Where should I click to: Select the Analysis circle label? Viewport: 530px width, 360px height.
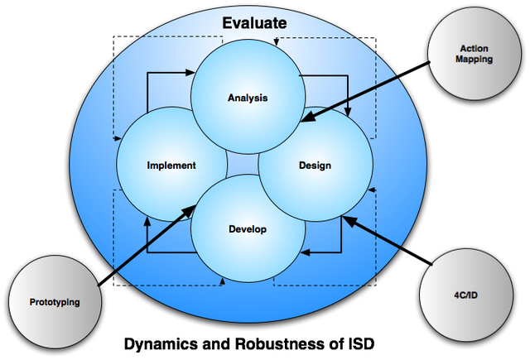click(x=248, y=98)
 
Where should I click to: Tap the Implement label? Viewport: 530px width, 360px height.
click(x=171, y=166)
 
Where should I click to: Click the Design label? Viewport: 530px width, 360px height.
click(x=315, y=166)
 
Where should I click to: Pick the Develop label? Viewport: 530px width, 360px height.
click(x=248, y=229)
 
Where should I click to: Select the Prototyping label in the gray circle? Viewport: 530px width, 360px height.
click(x=55, y=302)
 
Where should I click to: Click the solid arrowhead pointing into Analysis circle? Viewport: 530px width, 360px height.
click(x=192, y=75)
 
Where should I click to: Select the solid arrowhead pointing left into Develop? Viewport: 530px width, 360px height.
click(x=303, y=252)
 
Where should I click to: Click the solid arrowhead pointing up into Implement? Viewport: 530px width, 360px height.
click(x=147, y=222)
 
